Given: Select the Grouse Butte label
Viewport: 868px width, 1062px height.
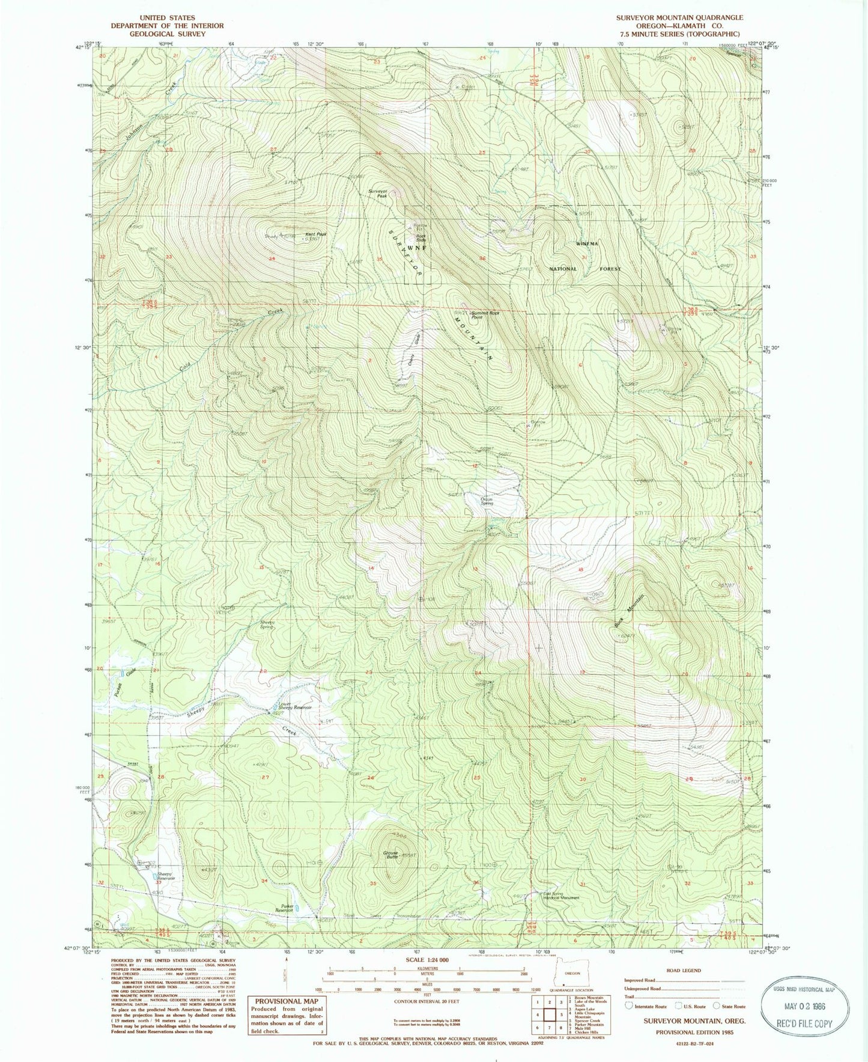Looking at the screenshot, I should (x=391, y=855).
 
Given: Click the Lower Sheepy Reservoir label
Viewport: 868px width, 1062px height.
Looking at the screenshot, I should (x=294, y=706).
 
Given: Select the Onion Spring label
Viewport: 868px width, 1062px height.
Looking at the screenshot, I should (x=486, y=501).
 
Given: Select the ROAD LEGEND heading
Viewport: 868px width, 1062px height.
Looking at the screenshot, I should (x=684, y=970).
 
